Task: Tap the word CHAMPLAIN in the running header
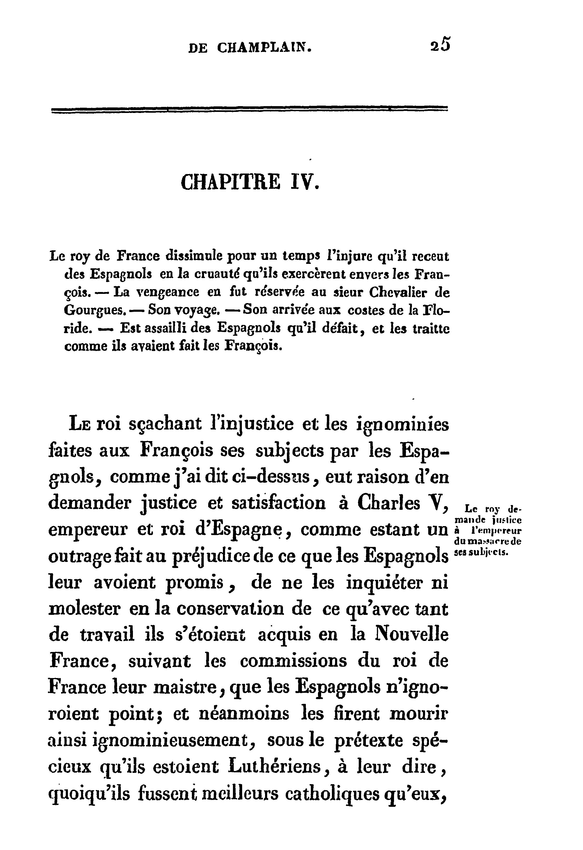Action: pyautogui.click(x=265, y=48)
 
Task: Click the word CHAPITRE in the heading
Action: pyautogui.click(x=231, y=182)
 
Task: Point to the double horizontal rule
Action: pyautogui.click(x=250, y=109)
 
